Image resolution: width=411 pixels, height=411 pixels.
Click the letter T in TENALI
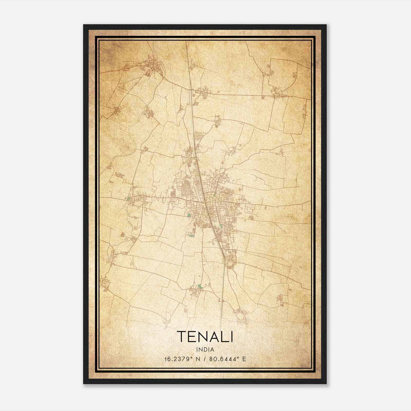(182, 337)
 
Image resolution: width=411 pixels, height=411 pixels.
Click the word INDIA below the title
(205, 350)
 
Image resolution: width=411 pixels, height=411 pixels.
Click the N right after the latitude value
(198, 359)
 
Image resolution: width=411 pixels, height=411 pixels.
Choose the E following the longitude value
(244, 359)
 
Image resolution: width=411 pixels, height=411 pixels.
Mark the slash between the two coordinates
(204, 359)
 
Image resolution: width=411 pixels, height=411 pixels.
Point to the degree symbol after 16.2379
(191, 357)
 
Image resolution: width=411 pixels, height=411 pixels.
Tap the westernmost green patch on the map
(128, 199)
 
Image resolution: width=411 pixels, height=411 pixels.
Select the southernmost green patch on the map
(200, 286)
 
